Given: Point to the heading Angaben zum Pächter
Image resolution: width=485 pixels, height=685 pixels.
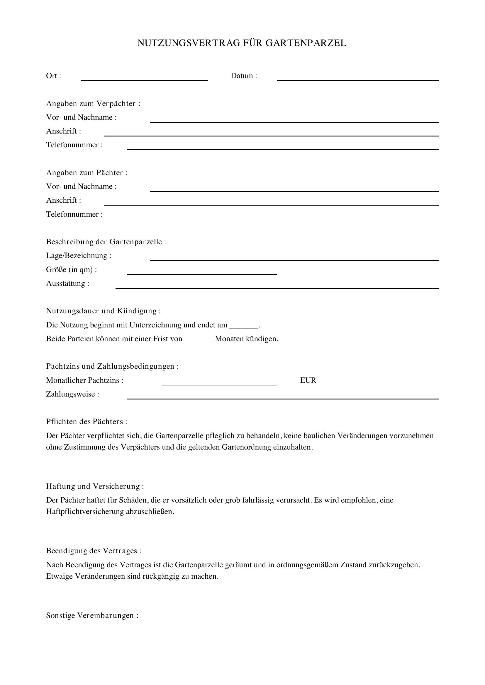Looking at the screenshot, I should [x=87, y=173].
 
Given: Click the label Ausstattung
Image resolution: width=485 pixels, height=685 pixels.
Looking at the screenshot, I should [x=67, y=283].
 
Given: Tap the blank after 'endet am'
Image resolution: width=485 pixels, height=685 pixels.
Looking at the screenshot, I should [x=243, y=326].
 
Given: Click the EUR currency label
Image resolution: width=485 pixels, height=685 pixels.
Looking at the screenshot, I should [x=308, y=380].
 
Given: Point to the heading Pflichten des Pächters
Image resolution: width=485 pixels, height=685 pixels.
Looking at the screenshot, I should [x=86, y=422].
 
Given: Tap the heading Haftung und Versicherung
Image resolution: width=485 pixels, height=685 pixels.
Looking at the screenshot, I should [x=95, y=486].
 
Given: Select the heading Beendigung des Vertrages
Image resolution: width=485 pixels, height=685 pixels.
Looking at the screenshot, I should [x=94, y=551].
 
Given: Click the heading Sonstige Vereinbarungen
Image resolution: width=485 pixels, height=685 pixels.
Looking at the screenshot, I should [x=92, y=616].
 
